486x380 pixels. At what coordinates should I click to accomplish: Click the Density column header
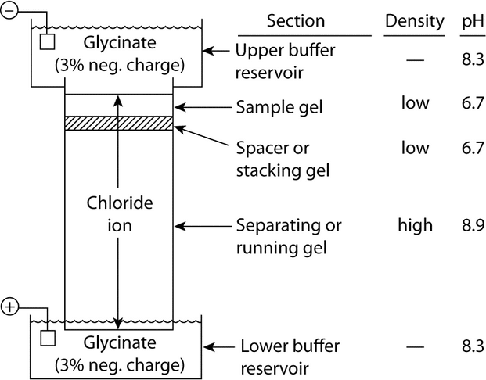click(x=415, y=21)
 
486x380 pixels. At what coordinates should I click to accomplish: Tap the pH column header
click(x=474, y=21)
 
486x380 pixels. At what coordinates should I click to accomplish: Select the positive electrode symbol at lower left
click(x=9, y=303)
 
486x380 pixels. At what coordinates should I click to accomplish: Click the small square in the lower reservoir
click(x=46, y=339)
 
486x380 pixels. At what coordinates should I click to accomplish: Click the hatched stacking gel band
click(x=117, y=123)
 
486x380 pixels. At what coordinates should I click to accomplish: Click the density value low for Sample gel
click(x=415, y=102)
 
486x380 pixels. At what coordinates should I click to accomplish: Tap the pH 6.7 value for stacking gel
click(x=474, y=148)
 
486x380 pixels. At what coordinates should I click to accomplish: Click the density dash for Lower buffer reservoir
click(x=415, y=346)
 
